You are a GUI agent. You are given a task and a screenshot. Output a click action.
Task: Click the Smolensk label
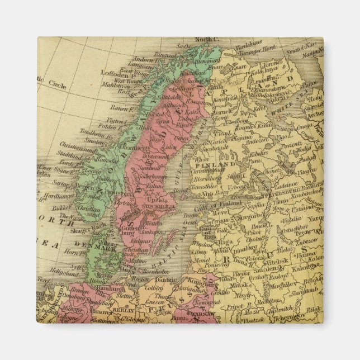pyautogui.click(x=289, y=268)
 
